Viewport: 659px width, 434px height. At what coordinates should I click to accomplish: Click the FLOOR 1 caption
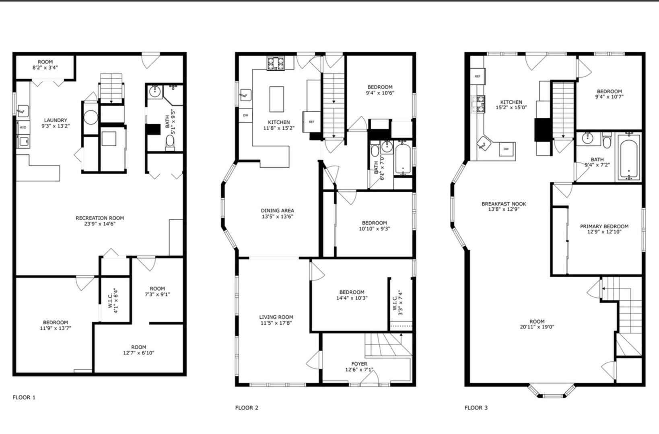[x=24, y=397]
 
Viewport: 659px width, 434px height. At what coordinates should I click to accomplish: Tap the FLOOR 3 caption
[x=476, y=407]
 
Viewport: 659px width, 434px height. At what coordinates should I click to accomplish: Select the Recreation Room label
[x=100, y=218]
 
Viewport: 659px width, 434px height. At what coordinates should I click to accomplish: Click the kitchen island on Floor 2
[x=276, y=99]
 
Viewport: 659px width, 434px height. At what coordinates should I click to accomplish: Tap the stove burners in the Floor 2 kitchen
[x=275, y=63]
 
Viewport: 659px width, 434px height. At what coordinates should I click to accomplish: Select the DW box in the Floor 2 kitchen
[x=245, y=115]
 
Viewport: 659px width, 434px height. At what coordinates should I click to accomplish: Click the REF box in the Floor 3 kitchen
[x=478, y=76]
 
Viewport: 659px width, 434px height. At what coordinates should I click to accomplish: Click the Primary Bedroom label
[x=604, y=226]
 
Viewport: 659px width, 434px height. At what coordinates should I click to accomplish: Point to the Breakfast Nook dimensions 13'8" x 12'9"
[x=504, y=209]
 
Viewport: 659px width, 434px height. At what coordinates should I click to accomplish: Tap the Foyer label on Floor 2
[x=359, y=364]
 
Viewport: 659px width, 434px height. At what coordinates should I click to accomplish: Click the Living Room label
[x=276, y=317]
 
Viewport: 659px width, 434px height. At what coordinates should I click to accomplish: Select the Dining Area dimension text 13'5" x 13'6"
[x=277, y=216]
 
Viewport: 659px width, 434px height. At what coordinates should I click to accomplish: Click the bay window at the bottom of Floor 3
[x=552, y=391]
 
